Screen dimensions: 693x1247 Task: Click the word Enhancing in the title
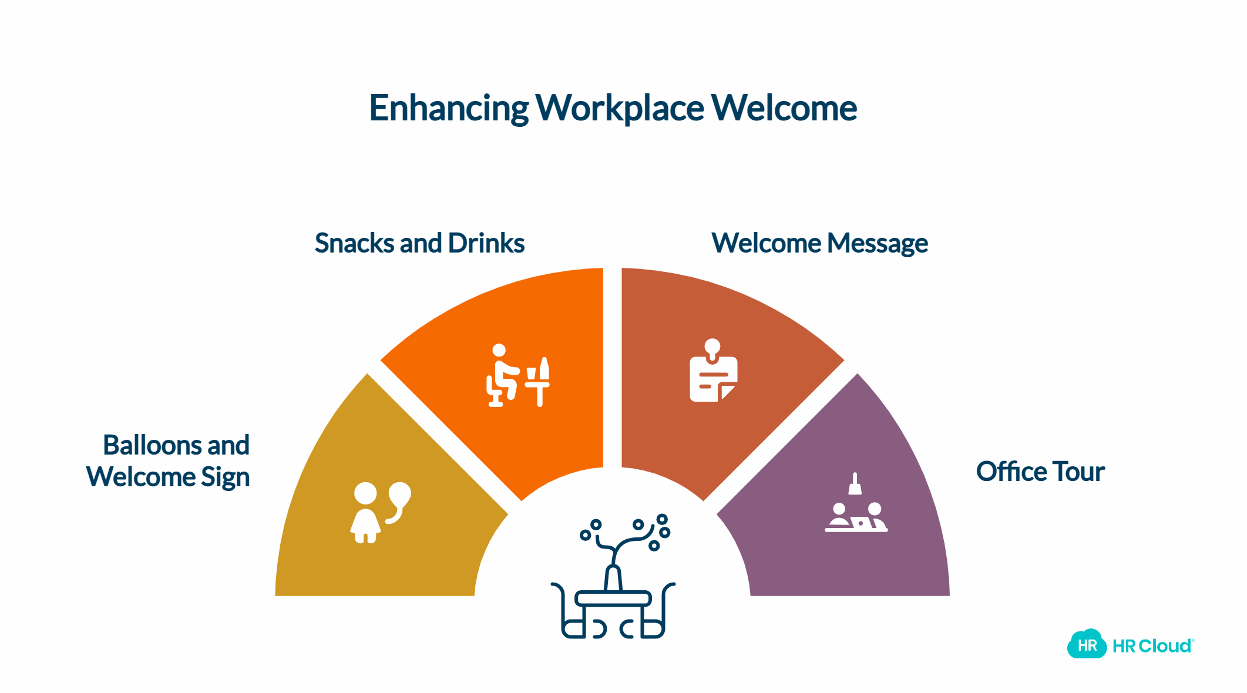(448, 109)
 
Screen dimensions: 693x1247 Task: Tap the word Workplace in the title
(619, 109)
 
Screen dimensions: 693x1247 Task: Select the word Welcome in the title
(784, 109)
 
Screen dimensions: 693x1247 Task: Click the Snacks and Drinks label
(419, 243)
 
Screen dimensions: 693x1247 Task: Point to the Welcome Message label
(819, 243)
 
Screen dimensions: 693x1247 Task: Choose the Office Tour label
(1040, 472)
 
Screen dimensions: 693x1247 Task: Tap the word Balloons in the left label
(152, 445)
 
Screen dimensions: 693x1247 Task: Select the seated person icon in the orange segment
(502, 376)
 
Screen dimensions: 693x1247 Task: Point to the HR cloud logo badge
(1087, 645)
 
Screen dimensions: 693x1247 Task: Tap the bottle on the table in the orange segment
(544, 368)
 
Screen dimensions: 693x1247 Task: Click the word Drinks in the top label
(486, 243)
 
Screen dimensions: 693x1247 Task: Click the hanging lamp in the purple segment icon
(855, 485)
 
